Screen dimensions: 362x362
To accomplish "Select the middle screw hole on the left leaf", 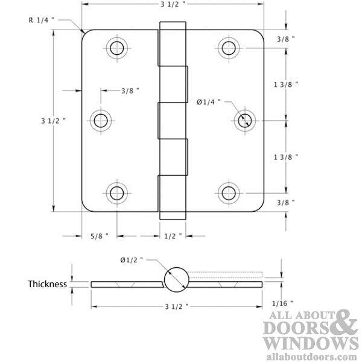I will click(101, 119).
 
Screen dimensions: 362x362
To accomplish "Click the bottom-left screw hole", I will click(116, 192).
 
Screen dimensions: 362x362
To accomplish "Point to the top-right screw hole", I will click(229, 47).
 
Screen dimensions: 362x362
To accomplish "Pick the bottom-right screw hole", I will click(229, 192).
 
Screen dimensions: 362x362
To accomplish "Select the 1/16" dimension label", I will click(283, 303).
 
